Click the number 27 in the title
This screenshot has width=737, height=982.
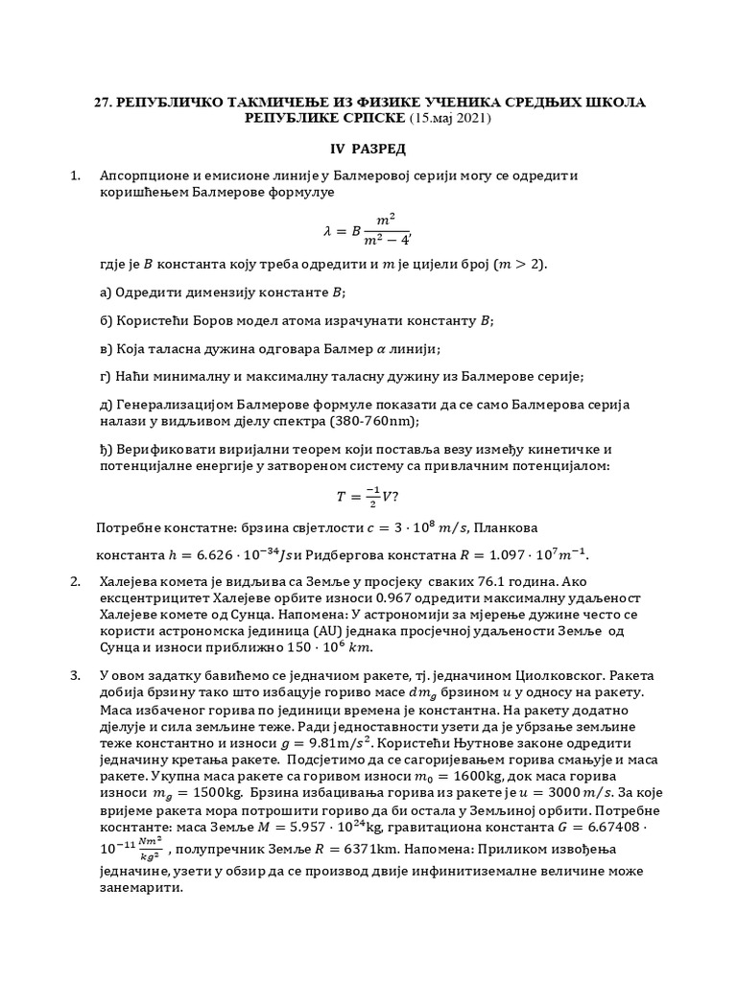click(x=99, y=102)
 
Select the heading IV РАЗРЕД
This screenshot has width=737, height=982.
click(x=362, y=150)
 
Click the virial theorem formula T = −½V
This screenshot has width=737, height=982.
click(x=368, y=496)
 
